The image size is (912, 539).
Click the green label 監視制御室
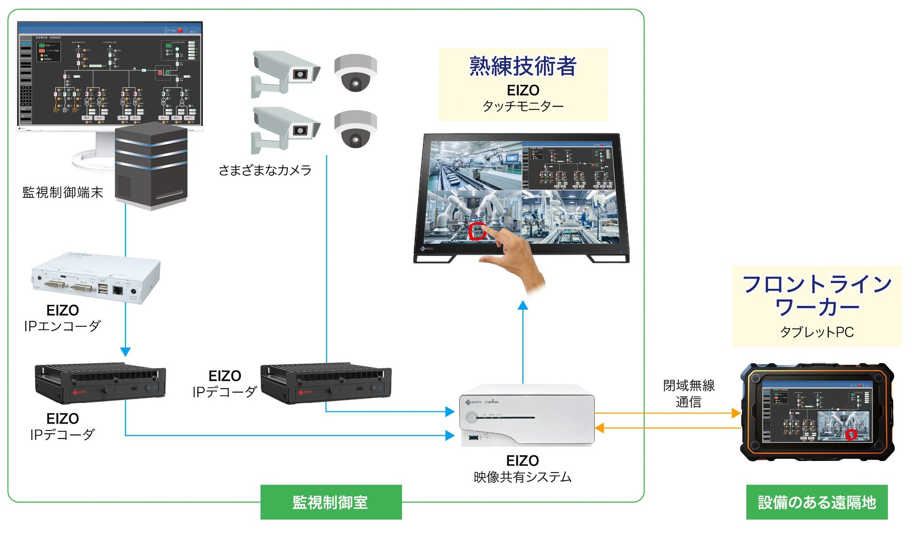(x=331, y=502)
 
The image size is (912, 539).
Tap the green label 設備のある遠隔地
(x=817, y=502)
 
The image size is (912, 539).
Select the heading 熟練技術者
(x=522, y=66)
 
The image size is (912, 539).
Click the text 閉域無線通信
(x=688, y=393)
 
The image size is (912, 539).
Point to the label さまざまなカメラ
(x=265, y=170)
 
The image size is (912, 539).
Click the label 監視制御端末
(x=63, y=192)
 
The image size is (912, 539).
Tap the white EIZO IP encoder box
(x=96, y=278)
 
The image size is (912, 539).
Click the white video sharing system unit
(x=527, y=415)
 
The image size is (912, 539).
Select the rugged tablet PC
(x=817, y=411)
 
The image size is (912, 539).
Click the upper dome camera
(x=355, y=73)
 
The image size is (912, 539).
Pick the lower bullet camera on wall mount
(x=285, y=129)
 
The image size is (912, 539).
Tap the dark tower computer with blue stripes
(x=151, y=165)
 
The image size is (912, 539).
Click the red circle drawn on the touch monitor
(x=477, y=231)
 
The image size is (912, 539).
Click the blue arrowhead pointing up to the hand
(x=523, y=306)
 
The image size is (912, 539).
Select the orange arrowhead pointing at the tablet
(x=736, y=413)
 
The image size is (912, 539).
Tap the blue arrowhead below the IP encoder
(x=125, y=351)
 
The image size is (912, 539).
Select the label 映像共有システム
(x=522, y=477)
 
